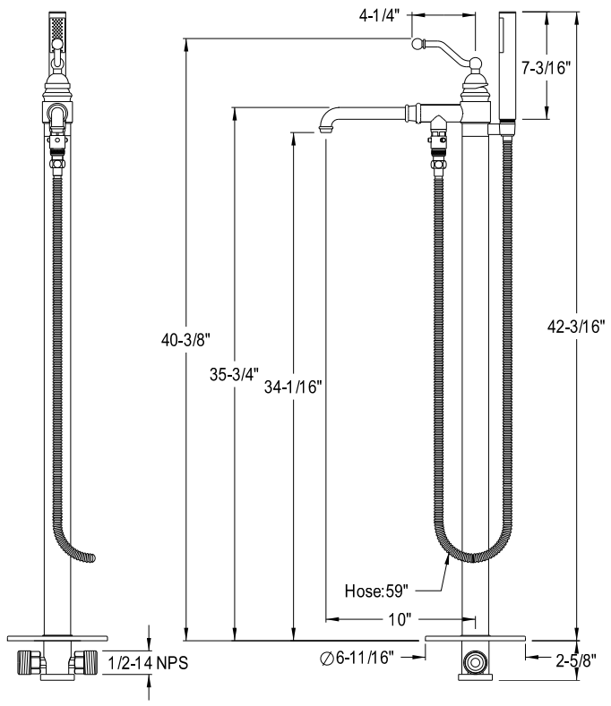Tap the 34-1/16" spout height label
pyautogui.click(x=293, y=387)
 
